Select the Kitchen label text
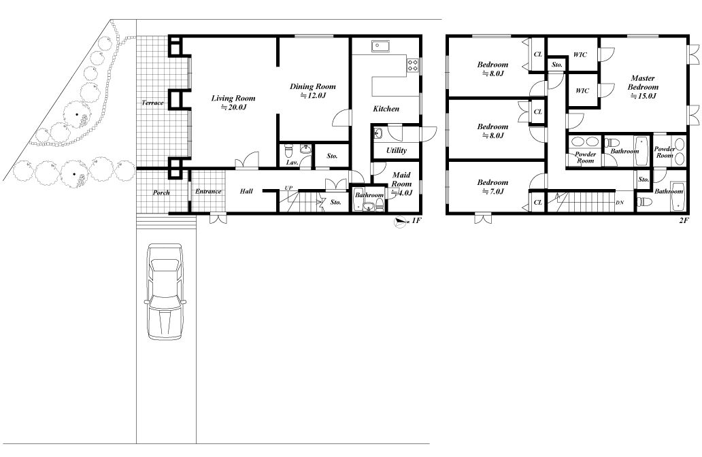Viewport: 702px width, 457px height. pyautogui.click(x=386, y=109)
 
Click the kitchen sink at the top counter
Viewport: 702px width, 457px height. pyautogui.click(x=380, y=46)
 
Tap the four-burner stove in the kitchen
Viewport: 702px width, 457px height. pyautogui.click(x=412, y=65)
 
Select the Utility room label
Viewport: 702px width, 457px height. pyautogui.click(x=396, y=150)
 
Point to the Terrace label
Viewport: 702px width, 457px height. pyautogui.click(x=152, y=103)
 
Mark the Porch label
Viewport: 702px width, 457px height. pyautogui.click(x=161, y=192)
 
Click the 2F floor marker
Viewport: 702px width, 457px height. pyautogui.click(x=684, y=222)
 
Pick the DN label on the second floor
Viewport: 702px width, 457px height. pyautogui.click(x=619, y=203)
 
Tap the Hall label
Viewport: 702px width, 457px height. pyautogui.click(x=246, y=192)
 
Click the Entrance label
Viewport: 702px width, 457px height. pyautogui.click(x=208, y=192)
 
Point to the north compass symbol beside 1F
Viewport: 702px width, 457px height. pyautogui.click(x=400, y=222)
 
